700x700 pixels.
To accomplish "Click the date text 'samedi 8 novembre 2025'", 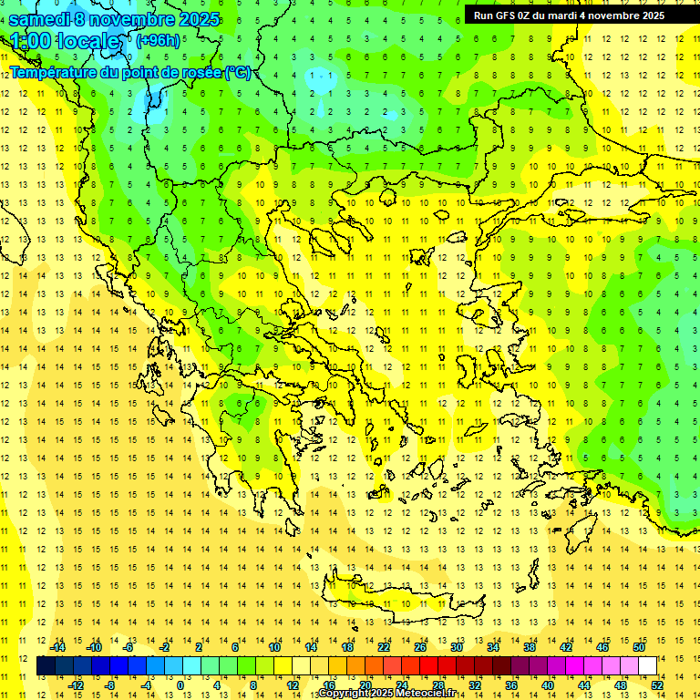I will [x=115, y=19].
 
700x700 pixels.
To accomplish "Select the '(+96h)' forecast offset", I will [x=158, y=41].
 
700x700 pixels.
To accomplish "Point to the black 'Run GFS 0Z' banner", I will [x=569, y=15].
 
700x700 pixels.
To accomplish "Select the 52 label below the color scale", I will [x=657, y=685].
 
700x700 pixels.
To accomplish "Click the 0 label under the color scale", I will [x=180, y=685].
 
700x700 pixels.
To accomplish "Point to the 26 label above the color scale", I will [x=420, y=647].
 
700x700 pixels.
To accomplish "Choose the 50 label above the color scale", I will [x=639, y=647].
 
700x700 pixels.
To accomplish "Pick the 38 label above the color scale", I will [x=530, y=647].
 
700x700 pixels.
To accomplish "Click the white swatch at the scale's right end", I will [x=648, y=666].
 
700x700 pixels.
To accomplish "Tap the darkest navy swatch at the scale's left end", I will [x=46, y=666].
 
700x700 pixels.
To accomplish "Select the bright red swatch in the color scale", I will [x=429, y=666].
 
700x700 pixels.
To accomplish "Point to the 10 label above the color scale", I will [x=274, y=647].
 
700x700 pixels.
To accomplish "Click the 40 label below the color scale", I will [x=548, y=685].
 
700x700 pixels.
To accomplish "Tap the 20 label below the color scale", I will [x=365, y=685].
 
